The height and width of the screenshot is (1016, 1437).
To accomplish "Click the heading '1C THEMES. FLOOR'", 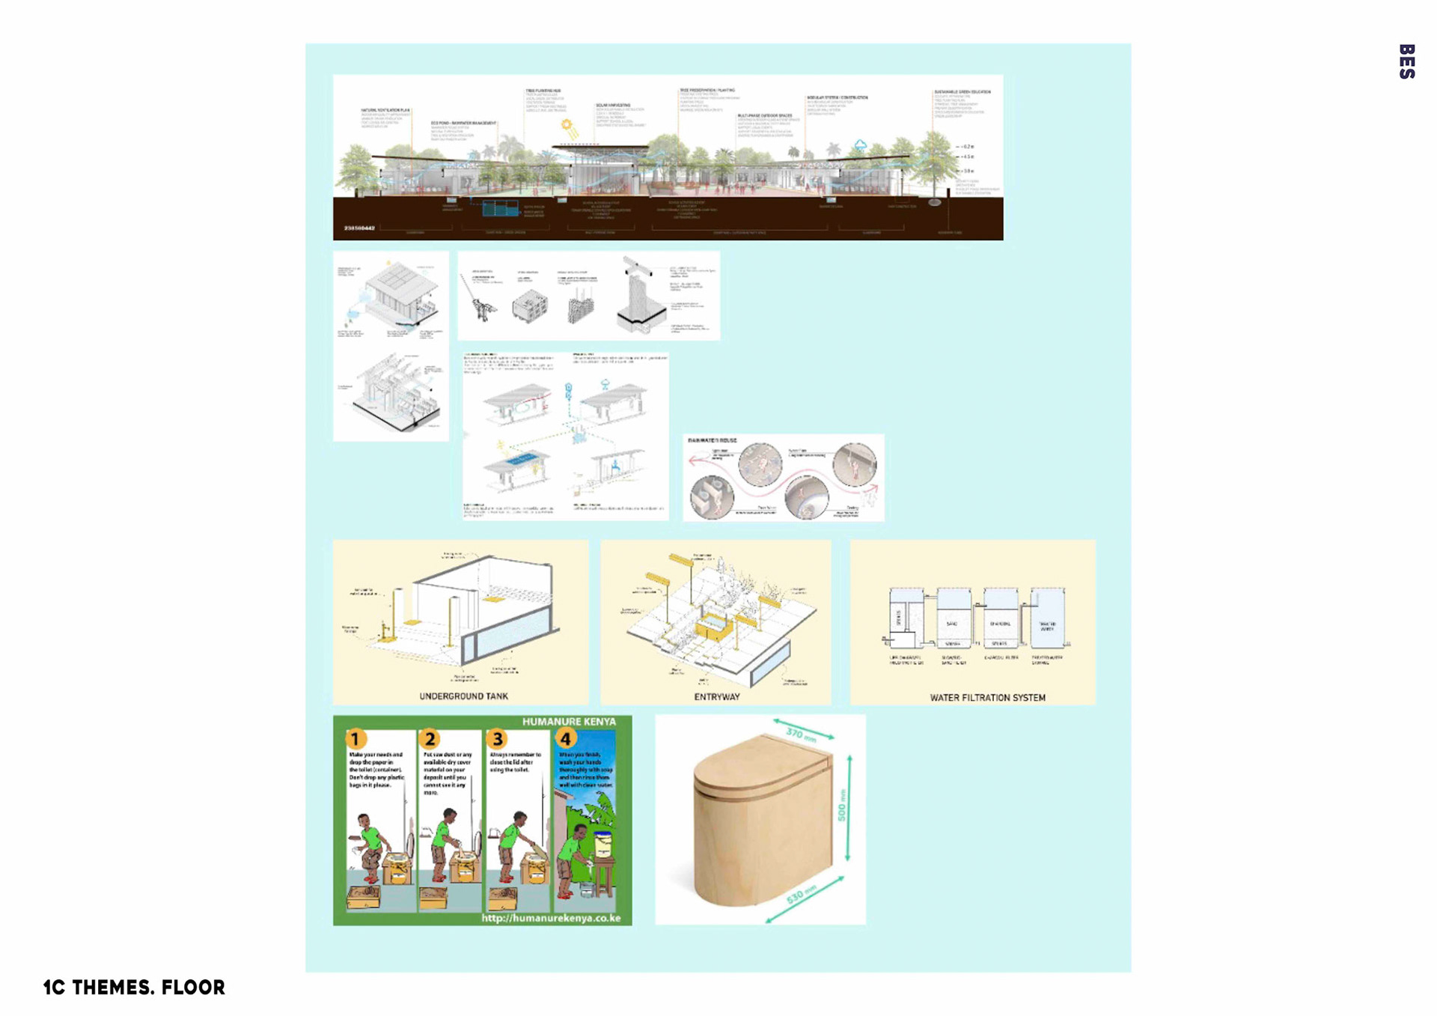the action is click(x=134, y=988).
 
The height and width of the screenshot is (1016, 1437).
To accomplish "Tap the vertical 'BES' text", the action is click(x=1406, y=61).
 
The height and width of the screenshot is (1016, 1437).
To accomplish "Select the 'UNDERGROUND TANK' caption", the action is click(x=463, y=696).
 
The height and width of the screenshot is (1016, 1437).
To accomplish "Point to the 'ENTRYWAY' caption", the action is click(x=716, y=697).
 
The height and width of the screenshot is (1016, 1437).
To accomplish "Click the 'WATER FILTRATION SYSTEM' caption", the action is click(x=987, y=698).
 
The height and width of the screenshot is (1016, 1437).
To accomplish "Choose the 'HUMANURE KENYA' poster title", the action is click(x=569, y=722).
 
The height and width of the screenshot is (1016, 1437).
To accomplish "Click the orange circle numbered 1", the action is click(x=356, y=739).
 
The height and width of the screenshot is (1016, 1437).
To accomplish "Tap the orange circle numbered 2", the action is click(x=430, y=739).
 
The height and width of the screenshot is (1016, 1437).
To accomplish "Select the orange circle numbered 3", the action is click(x=497, y=739).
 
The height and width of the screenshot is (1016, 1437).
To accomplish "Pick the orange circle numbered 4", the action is click(x=565, y=739).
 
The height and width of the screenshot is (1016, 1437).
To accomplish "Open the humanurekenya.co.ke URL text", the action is click(x=551, y=918).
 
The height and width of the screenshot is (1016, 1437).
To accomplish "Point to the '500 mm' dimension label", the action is click(x=841, y=805).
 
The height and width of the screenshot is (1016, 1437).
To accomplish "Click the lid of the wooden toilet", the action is click(x=756, y=764).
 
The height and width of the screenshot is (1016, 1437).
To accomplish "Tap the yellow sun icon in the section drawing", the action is click(x=567, y=126).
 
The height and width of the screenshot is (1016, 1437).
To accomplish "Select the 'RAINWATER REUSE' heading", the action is click(x=712, y=440).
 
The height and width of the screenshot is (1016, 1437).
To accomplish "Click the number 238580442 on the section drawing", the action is click(x=359, y=228).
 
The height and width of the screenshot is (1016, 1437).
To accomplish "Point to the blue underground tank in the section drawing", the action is click(x=500, y=207).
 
